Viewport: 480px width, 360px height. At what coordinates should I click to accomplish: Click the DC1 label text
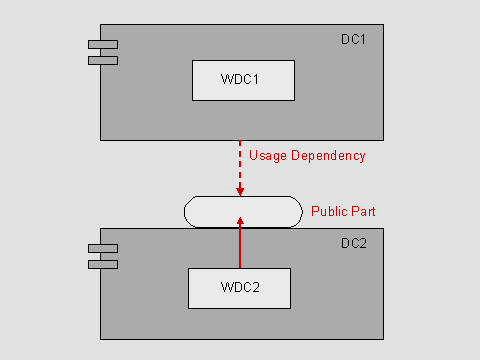click(x=354, y=39)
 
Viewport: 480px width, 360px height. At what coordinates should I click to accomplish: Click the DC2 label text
click(x=354, y=243)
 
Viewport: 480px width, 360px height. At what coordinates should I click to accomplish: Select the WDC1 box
click(x=243, y=80)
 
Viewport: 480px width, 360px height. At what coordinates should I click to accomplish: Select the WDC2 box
click(x=239, y=288)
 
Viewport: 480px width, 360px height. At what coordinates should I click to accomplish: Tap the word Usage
click(x=268, y=156)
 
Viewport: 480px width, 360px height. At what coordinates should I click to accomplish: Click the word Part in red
click(x=362, y=212)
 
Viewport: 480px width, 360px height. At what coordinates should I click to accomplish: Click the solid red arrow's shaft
click(x=240, y=245)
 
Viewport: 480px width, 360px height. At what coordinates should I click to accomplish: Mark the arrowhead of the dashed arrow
click(x=240, y=191)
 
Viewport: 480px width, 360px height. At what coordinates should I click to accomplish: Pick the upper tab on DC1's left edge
click(x=102, y=44)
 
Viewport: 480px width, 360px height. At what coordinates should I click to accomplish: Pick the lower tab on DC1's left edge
click(x=102, y=60)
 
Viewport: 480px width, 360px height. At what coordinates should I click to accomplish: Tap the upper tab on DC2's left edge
click(x=102, y=248)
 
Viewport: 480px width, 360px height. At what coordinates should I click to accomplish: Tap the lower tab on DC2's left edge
click(x=102, y=264)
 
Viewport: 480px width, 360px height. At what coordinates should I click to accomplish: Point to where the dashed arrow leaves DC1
click(x=240, y=142)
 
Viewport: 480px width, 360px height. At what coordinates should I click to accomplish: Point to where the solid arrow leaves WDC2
click(x=240, y=267)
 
